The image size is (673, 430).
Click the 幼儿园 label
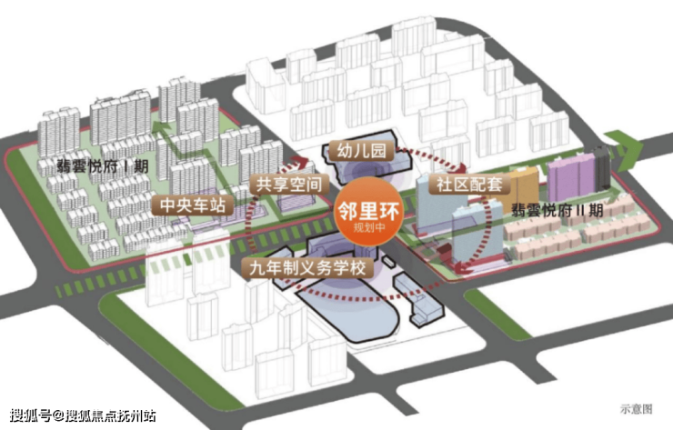[361, 151]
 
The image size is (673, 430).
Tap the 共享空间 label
[289, 185]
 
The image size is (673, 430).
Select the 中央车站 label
[193, 205]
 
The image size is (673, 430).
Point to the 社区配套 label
[469, 185]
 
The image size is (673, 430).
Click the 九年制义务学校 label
[307, 268]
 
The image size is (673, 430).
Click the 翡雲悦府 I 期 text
[103, 166]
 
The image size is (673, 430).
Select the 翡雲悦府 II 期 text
[557, 210]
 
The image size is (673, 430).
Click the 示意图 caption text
[637, 409]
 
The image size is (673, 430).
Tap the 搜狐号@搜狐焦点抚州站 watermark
[83, 415]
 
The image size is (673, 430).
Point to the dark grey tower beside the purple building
[602, 168]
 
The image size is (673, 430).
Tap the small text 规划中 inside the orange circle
[368, 227]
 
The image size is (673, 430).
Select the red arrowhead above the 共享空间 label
[300, 163]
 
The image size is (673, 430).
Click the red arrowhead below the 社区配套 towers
[463, 269]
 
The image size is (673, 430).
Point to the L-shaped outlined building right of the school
[418, 299]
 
